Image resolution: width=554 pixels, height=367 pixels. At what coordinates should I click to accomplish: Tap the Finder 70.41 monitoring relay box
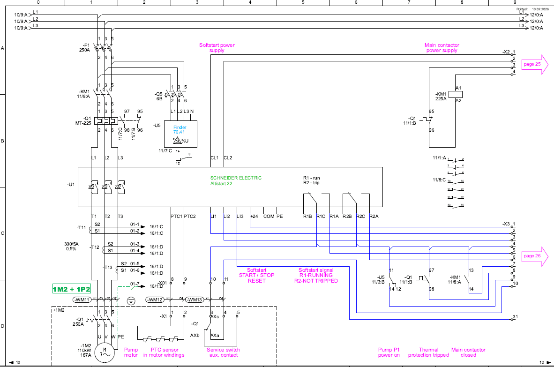point(180,134)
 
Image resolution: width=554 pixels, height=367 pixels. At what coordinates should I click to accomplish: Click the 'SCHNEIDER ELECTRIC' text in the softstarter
point(236,178)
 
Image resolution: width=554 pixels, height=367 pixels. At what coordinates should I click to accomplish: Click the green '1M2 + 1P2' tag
point(71,288)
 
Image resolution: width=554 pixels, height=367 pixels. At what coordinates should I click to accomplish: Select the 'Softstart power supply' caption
point(217,48)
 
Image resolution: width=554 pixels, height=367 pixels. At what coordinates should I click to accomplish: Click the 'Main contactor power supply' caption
point(442,48)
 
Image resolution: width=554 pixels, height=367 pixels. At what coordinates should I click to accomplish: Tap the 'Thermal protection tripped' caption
point(429,352)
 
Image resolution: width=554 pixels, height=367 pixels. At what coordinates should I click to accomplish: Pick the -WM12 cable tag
point(155,300)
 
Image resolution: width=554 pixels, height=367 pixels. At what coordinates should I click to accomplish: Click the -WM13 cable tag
point(194,300)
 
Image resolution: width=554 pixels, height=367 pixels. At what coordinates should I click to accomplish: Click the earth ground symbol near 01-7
point(131,300)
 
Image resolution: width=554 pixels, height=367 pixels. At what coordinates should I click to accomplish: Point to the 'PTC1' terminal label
point(176,217)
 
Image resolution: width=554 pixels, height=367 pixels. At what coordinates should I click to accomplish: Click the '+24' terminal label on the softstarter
point(255,217)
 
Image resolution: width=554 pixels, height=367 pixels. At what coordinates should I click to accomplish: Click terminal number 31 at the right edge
point(515,317)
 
